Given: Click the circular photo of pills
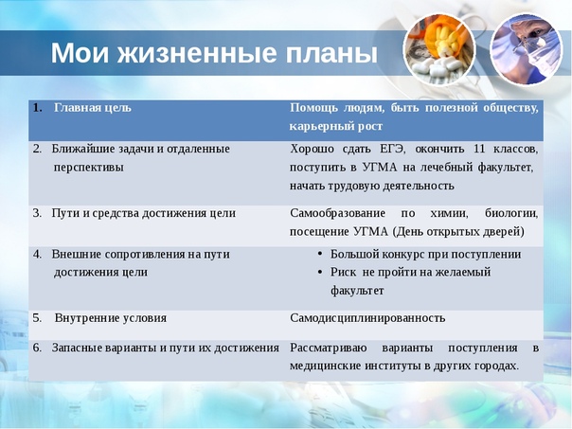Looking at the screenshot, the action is tap(439, 49).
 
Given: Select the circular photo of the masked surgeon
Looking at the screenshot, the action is tap(526, 48).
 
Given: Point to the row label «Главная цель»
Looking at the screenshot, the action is tap(93, 108).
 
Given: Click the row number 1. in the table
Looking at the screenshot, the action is tap(37, 108).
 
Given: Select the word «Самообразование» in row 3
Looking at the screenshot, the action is tap(337, 213).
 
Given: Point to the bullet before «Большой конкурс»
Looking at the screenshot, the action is tap(320, 254).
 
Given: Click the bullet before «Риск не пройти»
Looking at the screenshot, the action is tap(320, 272).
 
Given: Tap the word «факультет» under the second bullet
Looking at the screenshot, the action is tap(357, 291).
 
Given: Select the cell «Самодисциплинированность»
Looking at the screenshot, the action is tap(367, 318).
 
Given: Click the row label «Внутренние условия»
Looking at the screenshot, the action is tap(111, 318).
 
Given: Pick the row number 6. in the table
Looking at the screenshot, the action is tap(37, 348).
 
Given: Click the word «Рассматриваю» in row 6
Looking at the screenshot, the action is tap(329, 348).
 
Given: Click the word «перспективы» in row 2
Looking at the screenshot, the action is tap(89, 168).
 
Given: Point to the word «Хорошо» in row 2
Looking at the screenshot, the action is tap(312, 149).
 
